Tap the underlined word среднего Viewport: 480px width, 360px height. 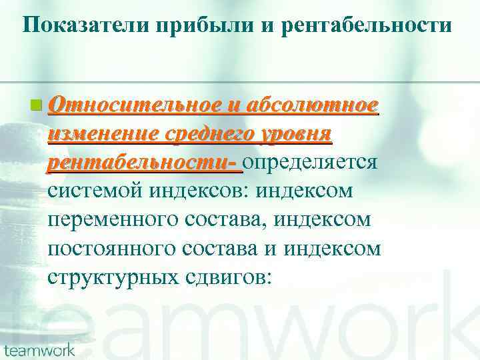tap(204, 133)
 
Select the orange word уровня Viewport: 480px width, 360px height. tap(293, 133)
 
